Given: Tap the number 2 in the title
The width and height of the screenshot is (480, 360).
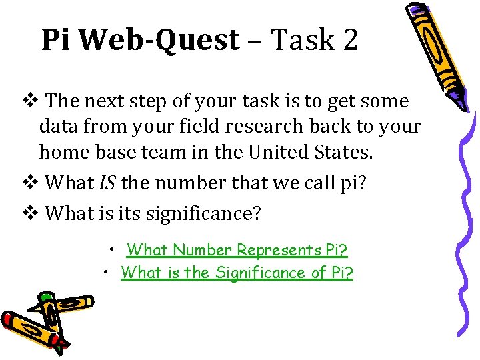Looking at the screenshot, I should (x=349, y=40).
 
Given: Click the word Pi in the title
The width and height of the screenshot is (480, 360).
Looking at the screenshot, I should (x=58, y=40).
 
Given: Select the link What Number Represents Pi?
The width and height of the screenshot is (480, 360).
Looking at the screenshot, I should (x=237, y=250).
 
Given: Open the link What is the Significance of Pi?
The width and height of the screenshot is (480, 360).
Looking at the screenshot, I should (x=237, y=272).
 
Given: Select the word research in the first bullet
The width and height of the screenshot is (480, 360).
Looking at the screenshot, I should (x=258, y=126).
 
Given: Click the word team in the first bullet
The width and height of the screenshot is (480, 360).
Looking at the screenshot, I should (x=176, y=151).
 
